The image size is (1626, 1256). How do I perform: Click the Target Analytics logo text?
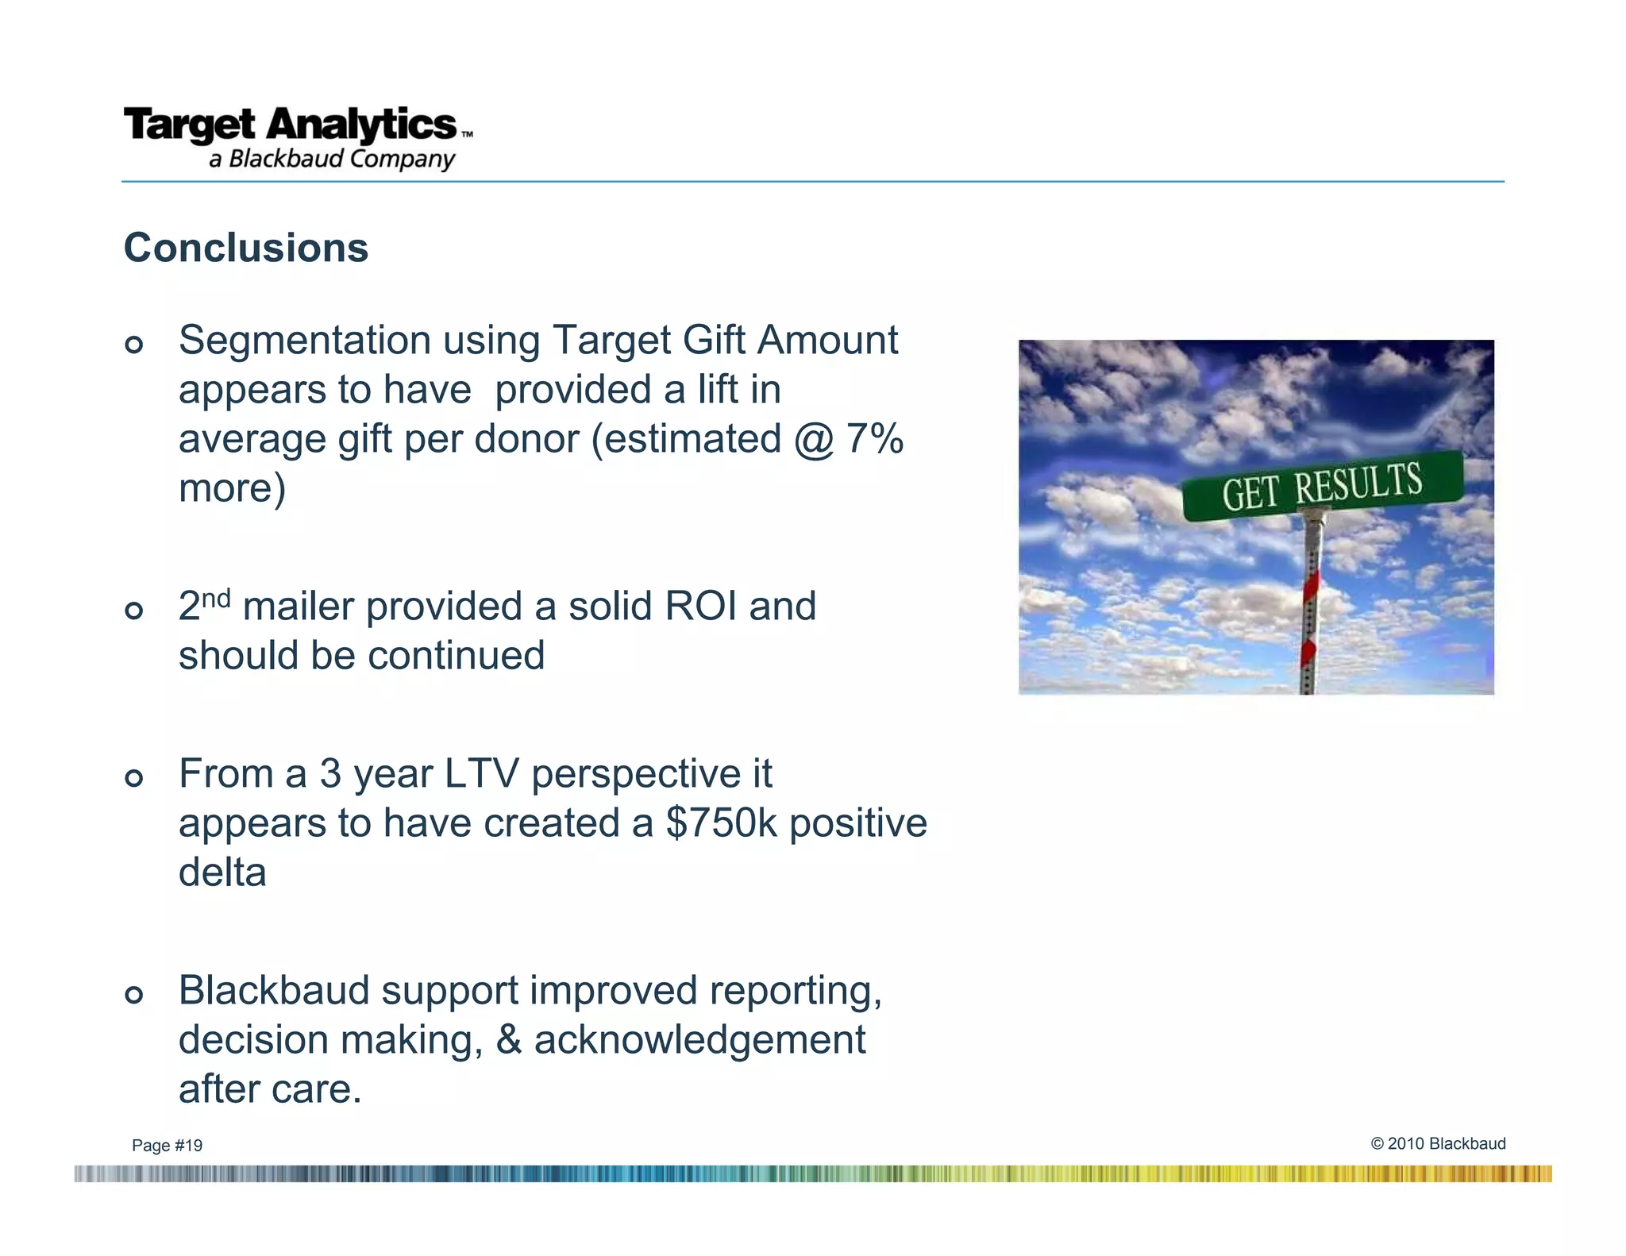(291, 125)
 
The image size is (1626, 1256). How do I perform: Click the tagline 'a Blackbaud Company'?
(332, 159)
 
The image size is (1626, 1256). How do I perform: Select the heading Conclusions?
(246, 248)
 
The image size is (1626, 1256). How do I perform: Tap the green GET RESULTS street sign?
(1322, 486)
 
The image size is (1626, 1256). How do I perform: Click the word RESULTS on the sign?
(1358, 483)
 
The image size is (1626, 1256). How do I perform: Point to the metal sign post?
(1310, 603)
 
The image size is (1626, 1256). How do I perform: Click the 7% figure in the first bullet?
(874, 439)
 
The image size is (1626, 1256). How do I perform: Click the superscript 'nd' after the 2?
(216, 596)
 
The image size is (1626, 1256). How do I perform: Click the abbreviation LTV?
(480, 774)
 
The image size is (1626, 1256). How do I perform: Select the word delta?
(222, 873)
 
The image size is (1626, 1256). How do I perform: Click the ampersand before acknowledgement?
(508, 1041)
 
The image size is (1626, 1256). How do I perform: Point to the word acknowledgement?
(699, 1041)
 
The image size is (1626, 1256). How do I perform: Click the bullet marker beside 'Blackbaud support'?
(134, 995)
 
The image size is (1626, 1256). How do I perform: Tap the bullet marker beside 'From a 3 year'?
(134, 778)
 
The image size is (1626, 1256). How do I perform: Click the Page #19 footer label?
(167, 1146)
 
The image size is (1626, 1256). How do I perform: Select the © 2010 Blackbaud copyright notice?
(1438, 1143)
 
